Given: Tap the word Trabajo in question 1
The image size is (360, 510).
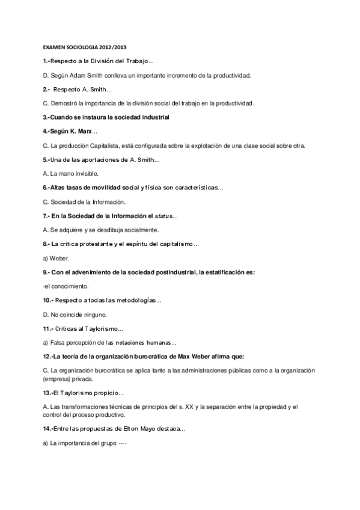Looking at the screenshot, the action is click(139, 61).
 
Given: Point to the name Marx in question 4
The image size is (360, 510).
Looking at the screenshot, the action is click(85, 131).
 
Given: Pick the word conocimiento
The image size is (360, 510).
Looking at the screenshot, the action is click(62, 286).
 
